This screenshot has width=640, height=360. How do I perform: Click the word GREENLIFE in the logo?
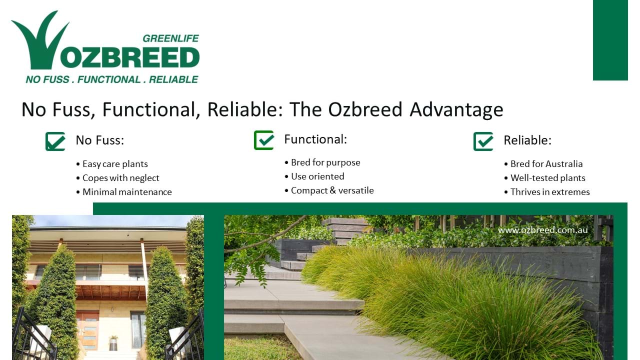coord(170,38)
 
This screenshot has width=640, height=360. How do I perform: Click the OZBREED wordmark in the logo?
coord(130,57)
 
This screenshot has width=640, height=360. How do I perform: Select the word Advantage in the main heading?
coord(456,109)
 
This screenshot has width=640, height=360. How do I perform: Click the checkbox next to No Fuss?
coord(55,141)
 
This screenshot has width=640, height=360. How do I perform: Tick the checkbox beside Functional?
coord(264,140)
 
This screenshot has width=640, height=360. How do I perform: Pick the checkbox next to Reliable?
coord(483,141)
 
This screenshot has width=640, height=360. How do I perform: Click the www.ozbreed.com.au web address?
coord(543,230)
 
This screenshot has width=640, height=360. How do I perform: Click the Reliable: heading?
coord(527,140)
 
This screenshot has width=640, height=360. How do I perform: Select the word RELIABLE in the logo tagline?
coord(173,79)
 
